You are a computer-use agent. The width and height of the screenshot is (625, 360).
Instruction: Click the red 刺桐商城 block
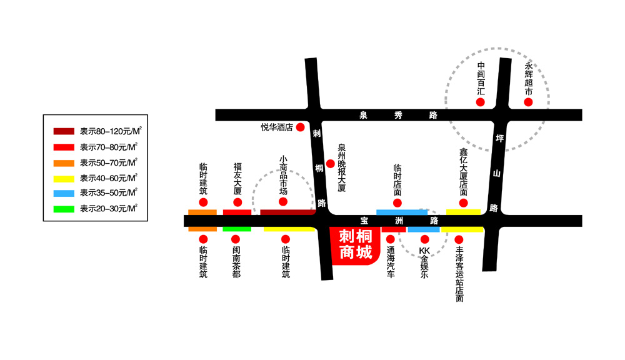point(354,245)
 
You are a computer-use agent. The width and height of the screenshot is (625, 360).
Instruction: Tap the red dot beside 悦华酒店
point(300,127)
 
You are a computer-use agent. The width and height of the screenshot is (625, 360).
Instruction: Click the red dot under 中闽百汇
point(480,102)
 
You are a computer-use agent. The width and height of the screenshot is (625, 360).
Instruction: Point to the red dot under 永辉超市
point(528,102)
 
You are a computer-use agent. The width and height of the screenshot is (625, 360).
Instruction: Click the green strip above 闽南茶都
point(237,229)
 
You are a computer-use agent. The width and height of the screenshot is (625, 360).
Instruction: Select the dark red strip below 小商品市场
point(287,212)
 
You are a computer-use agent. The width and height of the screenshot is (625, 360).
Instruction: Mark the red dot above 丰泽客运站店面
point(459,239)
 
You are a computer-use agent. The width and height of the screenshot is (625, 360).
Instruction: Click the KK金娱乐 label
point(424,262)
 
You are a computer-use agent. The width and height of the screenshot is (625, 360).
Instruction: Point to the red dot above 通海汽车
point(391,239)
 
